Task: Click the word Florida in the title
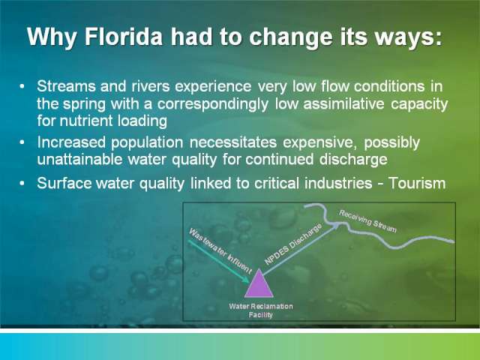click(123, 37)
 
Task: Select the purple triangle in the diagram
click(259, 283)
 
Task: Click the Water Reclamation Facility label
click(261, 310)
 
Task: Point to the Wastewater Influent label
click(220, 250)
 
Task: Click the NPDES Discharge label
click(293, 244)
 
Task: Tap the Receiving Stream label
click(367, 221)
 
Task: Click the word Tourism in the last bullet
click(417, 183)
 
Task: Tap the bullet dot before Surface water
click(22, 183)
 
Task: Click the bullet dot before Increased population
click(22, 142)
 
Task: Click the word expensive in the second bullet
click(320, 142)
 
